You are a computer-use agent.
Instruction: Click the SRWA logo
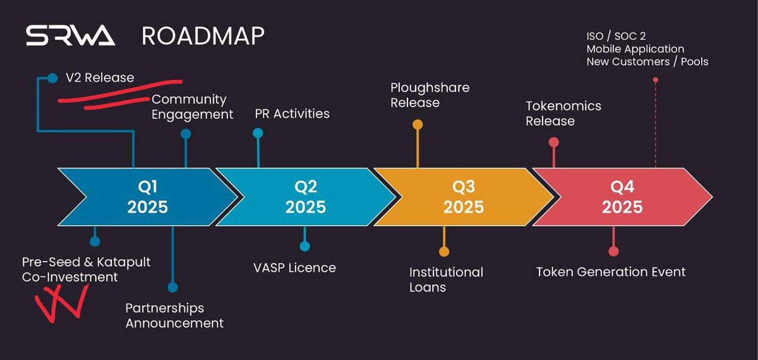click(70, 36)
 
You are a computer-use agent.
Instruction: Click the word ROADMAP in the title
click(203, 36)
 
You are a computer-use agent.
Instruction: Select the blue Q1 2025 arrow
click(147, 196)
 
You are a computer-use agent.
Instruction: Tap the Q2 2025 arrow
click(306, 196)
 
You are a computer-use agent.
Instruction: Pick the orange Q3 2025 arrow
click(464, 196)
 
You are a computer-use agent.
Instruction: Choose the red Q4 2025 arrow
click(622, 196)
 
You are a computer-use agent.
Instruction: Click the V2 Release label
click(100, 78)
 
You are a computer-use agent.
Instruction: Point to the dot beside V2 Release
click(52, 78)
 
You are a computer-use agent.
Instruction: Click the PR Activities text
click(292, 114)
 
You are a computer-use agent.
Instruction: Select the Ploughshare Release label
click(430, 95)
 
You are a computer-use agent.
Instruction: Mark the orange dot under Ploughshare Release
click(418, 124)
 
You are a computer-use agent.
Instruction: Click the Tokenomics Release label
click(563, 113)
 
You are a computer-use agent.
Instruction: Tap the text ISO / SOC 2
click(616, 36)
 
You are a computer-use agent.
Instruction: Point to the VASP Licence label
click(294, 267)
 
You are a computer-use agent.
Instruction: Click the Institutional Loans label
click(446, 280)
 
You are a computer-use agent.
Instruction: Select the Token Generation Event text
click(611, 272)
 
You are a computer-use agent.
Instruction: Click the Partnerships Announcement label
click(174, 315)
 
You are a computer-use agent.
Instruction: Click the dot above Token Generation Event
click(613, 251)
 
